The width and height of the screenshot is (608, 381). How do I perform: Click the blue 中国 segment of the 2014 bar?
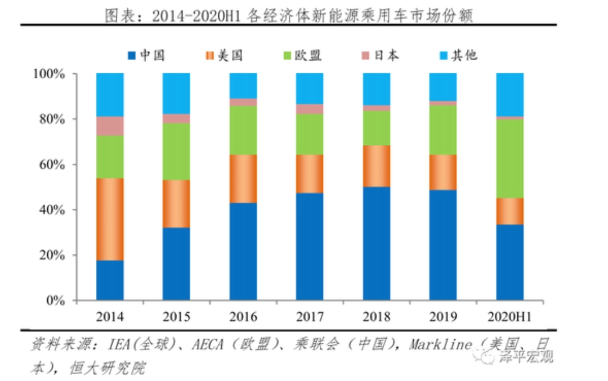click(110, 280)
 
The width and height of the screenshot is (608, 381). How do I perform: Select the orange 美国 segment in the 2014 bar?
click(110, 219)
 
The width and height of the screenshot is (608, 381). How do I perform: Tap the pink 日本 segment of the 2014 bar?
click(110, 125)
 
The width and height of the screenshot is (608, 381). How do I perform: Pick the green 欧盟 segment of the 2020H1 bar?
click(509, 158)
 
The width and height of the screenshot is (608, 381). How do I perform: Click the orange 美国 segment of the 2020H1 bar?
click(509, 211)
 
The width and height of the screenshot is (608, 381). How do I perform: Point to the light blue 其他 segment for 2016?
click(243, 86)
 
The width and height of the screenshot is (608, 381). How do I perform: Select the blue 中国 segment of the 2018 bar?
click(377, 243)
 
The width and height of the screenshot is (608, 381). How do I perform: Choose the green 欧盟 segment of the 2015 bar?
click(176, 151)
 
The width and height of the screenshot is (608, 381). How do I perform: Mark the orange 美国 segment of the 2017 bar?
click(310, 174)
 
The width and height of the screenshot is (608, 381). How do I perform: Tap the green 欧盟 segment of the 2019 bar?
click(443, 130)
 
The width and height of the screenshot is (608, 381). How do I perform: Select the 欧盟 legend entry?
click(303, 55)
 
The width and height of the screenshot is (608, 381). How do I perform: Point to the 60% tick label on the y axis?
click(55, 165)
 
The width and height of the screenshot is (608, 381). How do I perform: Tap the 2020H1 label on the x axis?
click(509, 317)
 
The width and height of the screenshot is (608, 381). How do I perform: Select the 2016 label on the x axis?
click(243, 317)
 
